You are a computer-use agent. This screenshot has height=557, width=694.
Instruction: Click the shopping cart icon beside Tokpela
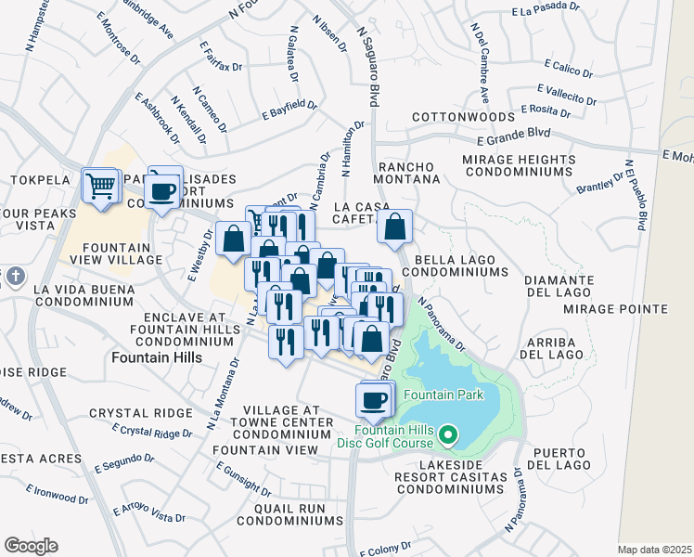click(100, 184)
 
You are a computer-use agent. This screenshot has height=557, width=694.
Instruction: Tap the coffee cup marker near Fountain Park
click(374, 400)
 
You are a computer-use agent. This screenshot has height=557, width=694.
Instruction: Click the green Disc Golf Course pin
click(449, 434)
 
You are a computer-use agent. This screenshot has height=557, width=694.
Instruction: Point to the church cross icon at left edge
click(14, 277)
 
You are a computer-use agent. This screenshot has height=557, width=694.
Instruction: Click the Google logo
click(31, 546)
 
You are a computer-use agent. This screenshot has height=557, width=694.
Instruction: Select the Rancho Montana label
click(407, 172)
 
